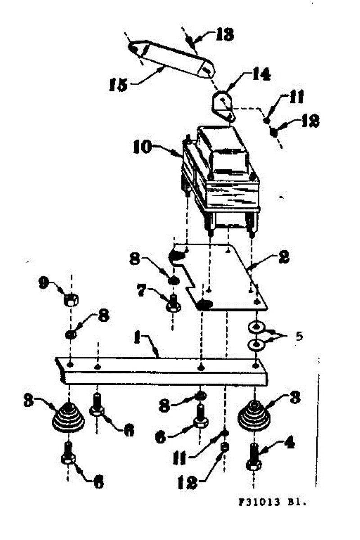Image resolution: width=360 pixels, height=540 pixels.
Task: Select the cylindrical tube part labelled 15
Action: pos(171,61)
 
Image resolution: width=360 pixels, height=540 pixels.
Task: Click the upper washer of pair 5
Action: pos(256,326)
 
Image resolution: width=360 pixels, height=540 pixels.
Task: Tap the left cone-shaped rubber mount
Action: pos(68,417)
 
